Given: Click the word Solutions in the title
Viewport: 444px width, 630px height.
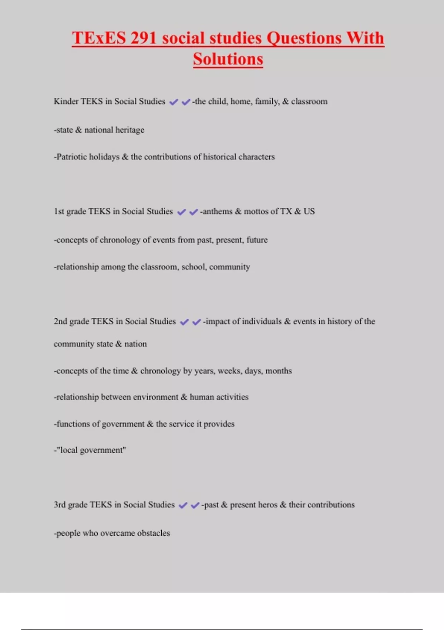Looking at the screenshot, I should [x=228, y=59].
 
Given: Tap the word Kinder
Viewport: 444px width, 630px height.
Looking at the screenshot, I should [x=66, y=102].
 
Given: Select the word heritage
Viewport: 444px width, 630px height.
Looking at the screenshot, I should [x=129, y=130].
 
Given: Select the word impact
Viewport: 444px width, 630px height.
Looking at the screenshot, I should [x=218, y=322].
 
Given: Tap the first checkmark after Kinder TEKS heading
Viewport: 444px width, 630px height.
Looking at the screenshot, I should [x=174, y=102].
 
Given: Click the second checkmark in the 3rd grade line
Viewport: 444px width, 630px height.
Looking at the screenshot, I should [x=195, y=505].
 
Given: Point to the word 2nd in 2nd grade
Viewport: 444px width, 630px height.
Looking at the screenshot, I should [x=60, y=322].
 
